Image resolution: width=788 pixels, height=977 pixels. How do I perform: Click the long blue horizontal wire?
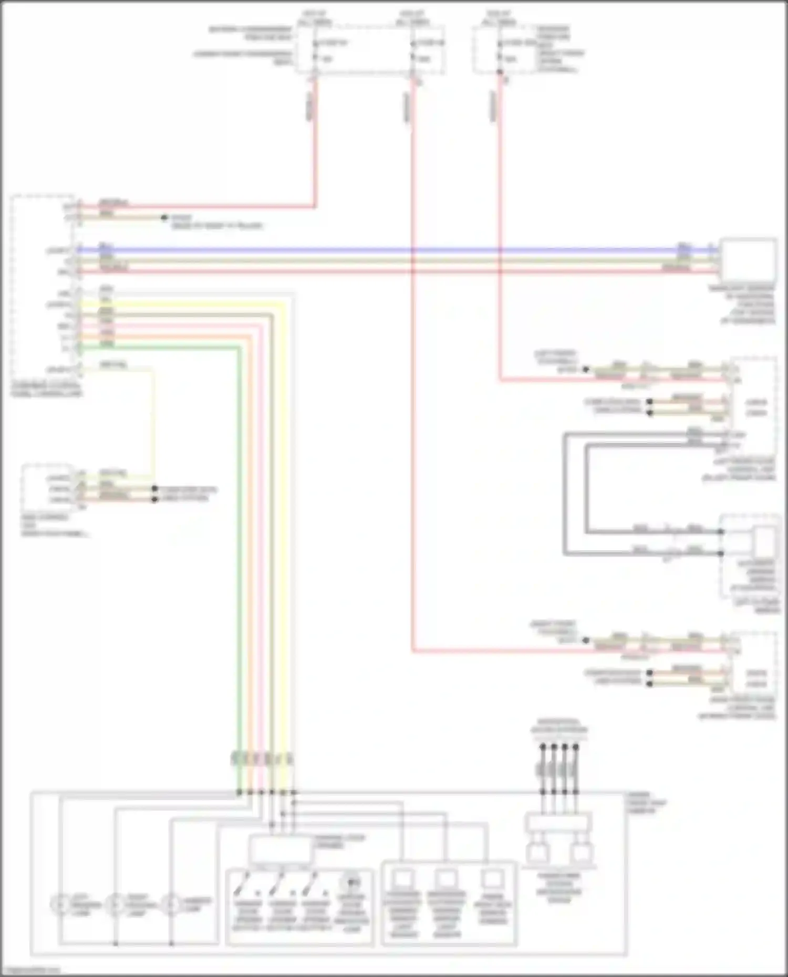[x=368, y=249]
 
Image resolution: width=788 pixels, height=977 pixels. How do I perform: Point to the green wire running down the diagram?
[x=239, y=525]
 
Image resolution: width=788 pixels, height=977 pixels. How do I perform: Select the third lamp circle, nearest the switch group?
[x=170, y=905]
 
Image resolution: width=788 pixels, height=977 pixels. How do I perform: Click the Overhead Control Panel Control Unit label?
[x=46, y=389]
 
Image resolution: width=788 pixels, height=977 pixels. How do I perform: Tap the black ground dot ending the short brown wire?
[x=164, y=217]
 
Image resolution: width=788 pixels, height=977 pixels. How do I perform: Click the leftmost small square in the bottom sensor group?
[x=403, y=879]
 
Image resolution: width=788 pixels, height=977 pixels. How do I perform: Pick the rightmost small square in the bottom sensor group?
[x=491, y=879]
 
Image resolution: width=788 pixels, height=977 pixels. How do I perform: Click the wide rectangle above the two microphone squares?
[x=558, y=823]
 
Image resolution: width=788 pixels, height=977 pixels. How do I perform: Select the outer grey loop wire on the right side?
[x=565, y=493]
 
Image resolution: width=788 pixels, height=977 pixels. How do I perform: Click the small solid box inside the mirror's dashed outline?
[x=764, y=542]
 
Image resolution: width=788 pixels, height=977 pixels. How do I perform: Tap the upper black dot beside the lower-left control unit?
[x=154, y=488]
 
